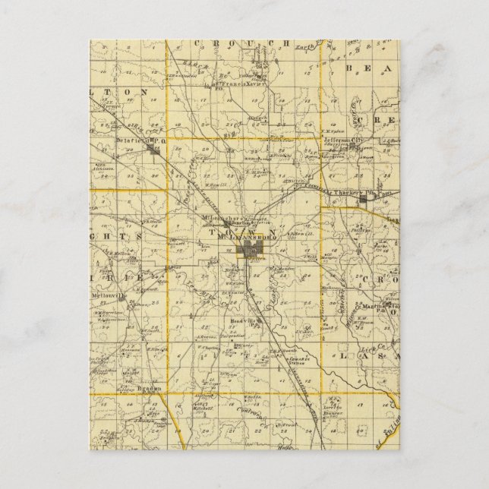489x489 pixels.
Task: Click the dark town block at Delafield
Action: [158, 153]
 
